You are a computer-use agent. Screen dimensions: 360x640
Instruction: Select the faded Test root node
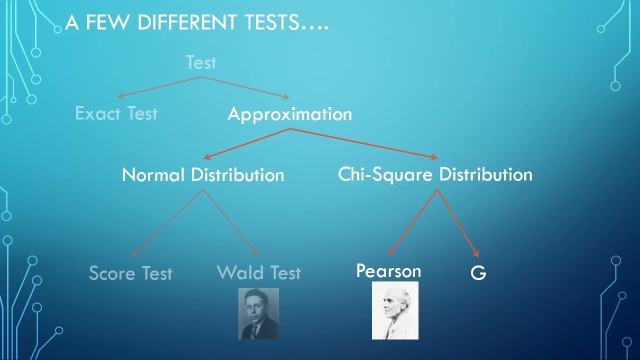tap(201, 62)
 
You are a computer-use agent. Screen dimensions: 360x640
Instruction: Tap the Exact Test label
tap(116, 113)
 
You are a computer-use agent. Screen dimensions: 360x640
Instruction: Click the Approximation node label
tap(289, 114)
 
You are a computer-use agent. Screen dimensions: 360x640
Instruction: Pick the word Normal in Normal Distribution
tap(153, 175)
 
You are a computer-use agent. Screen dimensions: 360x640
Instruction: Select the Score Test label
tap(130, 273)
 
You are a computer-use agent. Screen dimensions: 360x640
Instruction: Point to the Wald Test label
tap(259, 272)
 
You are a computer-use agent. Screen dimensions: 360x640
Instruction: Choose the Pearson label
tap(388, 271)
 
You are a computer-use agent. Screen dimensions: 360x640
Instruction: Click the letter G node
tap(478, 273)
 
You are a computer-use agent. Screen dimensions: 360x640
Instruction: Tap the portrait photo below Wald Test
tap(258, 313)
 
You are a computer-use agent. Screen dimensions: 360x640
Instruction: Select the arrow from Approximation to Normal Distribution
tap(247, 143)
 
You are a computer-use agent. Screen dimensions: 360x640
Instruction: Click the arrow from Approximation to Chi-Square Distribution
tap(363, 143)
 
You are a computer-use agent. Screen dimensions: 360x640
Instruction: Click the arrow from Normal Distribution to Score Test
tap(167, 223)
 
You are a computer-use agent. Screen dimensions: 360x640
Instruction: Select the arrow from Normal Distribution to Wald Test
tap(231, 223)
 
